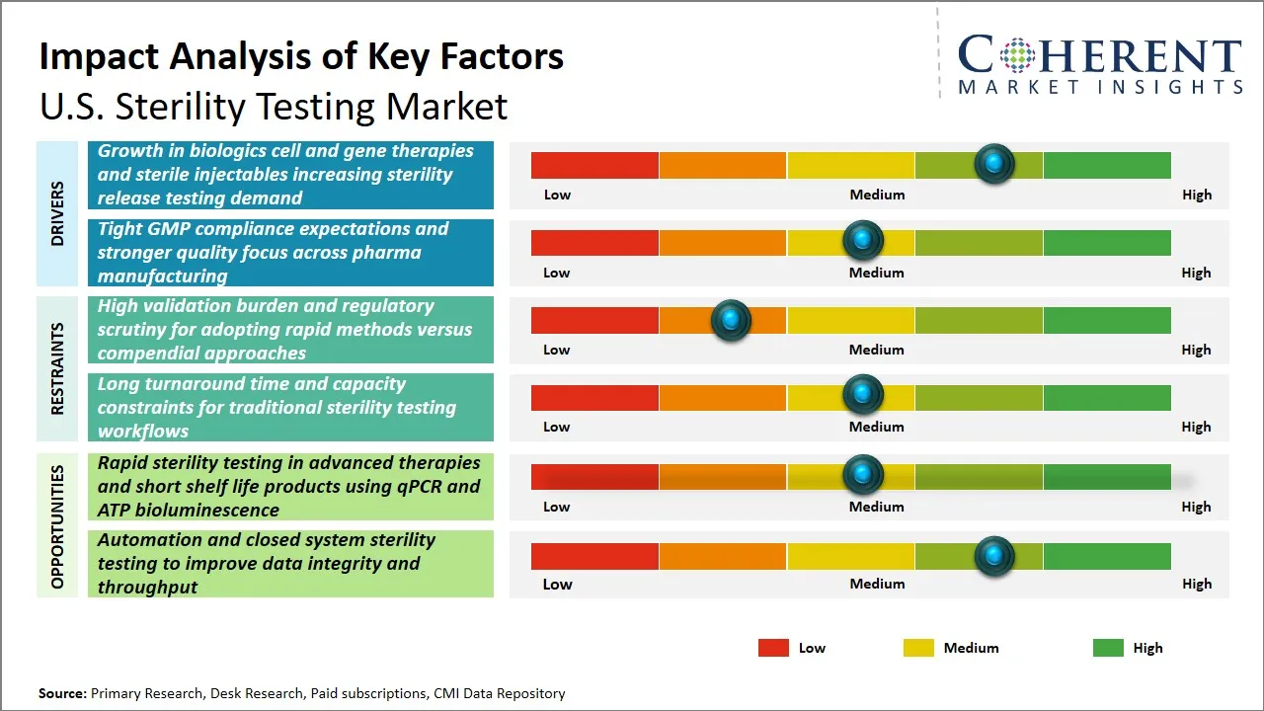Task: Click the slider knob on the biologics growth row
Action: coord(994,163)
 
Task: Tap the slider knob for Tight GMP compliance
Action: coord(863,240)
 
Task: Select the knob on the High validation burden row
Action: coord(731,320)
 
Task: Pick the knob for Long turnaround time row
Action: coord(863,395)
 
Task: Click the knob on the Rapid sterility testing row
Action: coord(863,475)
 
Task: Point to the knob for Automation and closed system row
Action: coord(994,556)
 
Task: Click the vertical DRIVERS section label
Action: coord(57,213)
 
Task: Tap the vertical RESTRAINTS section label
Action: coord(57,368)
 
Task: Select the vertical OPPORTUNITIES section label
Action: coord(57,527)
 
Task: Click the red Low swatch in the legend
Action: coord(773,648)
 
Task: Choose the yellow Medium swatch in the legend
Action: coord(918,648)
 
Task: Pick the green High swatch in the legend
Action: coord(1108,648)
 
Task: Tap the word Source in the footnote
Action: coord(61,693)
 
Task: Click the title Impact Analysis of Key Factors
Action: coord(301,56)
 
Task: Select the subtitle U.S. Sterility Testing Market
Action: coord(274,106)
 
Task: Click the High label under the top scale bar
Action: coord(1196,195)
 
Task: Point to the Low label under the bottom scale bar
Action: coord(557,584)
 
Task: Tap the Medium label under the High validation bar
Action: coord(877,350)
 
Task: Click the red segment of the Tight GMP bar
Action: coord(594,243)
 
